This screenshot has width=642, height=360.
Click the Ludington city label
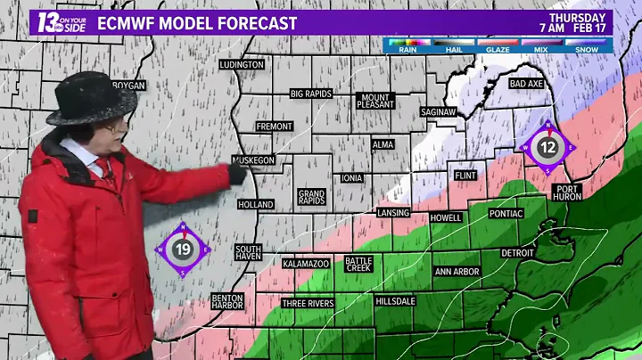click(243, 65)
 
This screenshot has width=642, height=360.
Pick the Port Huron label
click(567, 193)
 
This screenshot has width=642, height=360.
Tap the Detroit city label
click(517, 254)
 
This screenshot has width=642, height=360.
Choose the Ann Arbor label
click(457, 271)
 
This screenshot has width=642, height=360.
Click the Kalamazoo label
click(307, 265)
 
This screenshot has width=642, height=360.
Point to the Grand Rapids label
click(311, 197)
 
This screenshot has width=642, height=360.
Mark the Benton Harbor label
click(227, 302)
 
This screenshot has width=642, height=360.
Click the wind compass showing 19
click(183, 250)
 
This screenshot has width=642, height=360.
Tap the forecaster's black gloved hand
click(237, 174)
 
